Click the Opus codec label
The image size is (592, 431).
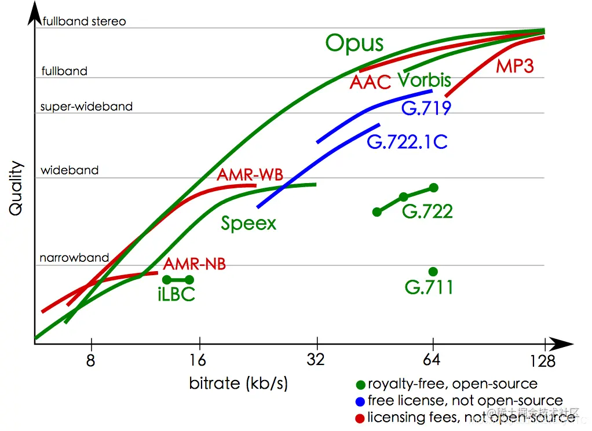pyautogui.click(x=355, y=43)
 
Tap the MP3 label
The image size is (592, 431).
pyautogui.click(x=514, y=66)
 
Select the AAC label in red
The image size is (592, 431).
pyautogui.click(x=371, y=82)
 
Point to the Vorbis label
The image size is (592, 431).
pyautogui.click(x=424, y=80)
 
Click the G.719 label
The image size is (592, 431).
pyautogui.click(x=426, y=108)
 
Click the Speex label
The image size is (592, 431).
pyautogui.click(x=249, y=223)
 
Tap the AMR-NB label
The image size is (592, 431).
pyautogui.click(x=194, y=264)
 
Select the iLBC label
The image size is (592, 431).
pyautogui.click(x=176, y=295)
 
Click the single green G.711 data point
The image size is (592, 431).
pyautogui.click(x=433, y=272)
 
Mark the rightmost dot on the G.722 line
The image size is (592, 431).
pyautogui.click(x=434, y=188)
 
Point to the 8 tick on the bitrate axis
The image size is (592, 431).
pyautogui.click(x=90, y=360)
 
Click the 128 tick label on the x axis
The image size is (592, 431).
pyautogui.click(x=543, y=362)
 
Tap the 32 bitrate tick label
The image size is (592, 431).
pyautogui.click(x=316, y=360)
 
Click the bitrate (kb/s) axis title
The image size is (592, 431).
pyautogui.click(x=238, y=383)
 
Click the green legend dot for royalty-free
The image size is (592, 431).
pyautogui.click(x=360, y=384)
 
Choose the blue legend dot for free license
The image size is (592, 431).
pyautogui.click(x=360, y=401)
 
